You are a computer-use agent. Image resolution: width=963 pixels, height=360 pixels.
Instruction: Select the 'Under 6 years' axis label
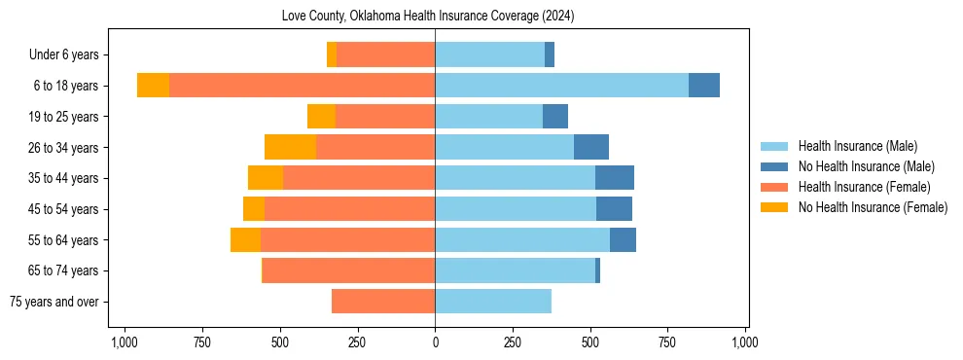click(70, 55)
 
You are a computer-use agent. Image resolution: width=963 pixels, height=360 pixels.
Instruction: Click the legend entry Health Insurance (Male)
click(857, 146)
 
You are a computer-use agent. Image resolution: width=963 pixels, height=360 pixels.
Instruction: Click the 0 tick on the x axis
click(435, 342)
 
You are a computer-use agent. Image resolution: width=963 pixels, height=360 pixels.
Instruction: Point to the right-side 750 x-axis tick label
click(668, 342)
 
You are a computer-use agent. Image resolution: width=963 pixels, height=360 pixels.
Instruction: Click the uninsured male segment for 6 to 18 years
click(704, 86)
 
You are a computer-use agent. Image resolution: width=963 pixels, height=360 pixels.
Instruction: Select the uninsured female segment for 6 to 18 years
click(153, 86)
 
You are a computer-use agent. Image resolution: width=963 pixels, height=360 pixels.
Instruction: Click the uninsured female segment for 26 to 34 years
click(290, 148)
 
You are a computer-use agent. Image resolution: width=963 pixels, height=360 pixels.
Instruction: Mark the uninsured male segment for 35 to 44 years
click(615, 178)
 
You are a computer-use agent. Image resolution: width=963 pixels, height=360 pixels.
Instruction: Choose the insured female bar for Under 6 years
click(385, 55)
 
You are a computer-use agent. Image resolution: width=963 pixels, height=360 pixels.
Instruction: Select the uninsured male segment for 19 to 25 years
click(555, 117)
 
